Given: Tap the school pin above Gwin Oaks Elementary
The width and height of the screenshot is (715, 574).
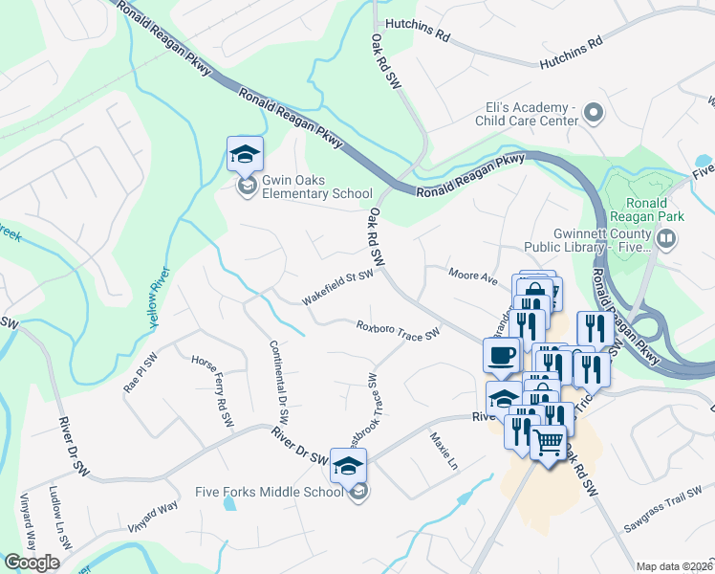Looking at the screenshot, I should (x=245, y=153).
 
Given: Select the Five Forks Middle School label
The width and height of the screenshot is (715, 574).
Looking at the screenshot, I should (x=268, y=492).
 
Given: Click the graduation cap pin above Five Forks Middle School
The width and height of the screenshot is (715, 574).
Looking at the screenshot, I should (x=349, y=464).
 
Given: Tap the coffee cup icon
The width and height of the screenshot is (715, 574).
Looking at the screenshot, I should (x=502, y=356).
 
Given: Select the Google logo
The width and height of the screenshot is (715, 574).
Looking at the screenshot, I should (x=32, y=563).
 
